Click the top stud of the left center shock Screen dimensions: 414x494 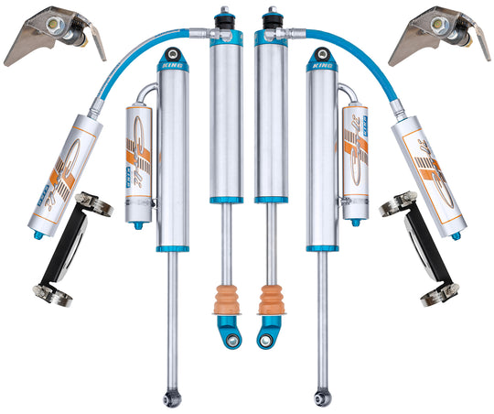pyautogui.click(x=221, y=16)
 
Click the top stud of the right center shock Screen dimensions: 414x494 pyautogui.click(x=272, y=16)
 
